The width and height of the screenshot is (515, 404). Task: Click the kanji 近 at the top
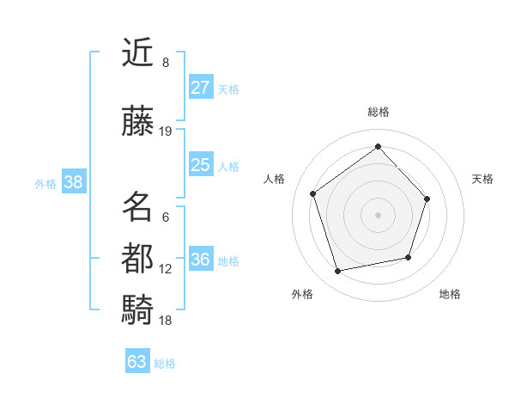pos(138,54)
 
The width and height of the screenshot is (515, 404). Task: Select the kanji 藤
pos(138,122)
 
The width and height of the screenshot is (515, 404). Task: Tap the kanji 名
pos(138,207)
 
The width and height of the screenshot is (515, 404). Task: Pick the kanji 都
pos(138,259)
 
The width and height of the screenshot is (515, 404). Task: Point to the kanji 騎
pos(138,309)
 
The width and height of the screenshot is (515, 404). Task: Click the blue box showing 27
pos(200,88)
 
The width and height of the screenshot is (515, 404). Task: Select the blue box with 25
pos(200,165)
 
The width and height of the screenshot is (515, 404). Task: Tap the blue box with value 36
pos(200,260)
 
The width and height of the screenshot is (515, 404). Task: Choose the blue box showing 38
pos(73,182)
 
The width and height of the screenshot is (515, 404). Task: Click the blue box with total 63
pos(137,362)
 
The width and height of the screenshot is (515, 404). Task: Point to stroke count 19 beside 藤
pos(166,132)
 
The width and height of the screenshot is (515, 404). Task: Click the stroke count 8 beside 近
pos(166,63)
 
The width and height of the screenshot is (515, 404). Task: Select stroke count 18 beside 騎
pos(166,321)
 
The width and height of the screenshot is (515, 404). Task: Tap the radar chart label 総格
pos(378,112)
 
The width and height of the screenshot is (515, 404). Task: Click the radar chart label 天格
pos(482,179)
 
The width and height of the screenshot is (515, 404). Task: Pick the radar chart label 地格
pos(450,294)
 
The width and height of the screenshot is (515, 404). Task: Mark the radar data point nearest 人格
pos(313,194)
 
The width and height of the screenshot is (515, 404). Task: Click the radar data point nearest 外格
pos(337,272)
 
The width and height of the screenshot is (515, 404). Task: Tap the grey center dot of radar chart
pos(378,214)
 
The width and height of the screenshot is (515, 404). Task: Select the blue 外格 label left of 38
pos(45,183)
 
